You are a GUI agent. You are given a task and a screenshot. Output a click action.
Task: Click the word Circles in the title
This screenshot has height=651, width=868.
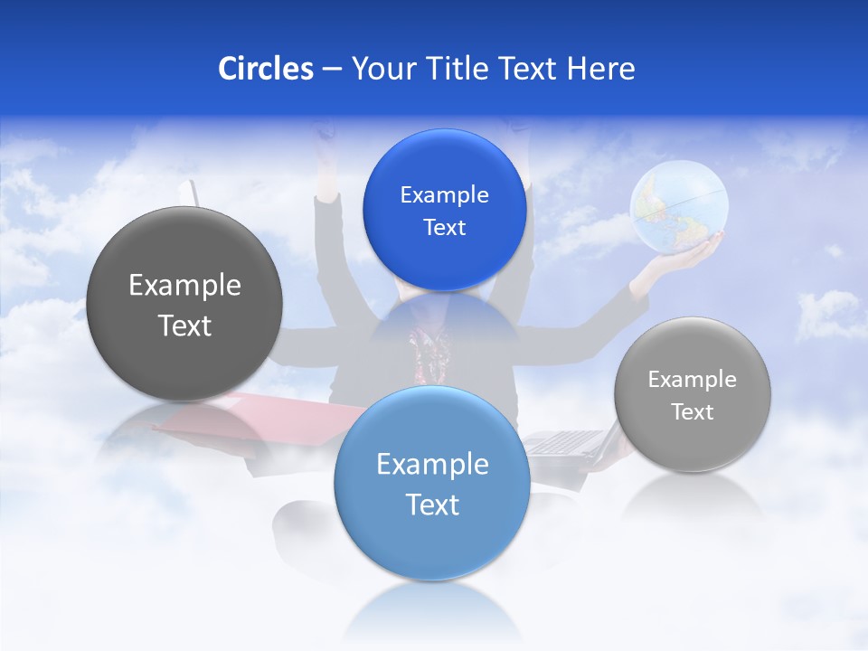point(265,69)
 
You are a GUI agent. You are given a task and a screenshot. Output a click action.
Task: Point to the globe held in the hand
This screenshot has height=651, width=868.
point(678,204)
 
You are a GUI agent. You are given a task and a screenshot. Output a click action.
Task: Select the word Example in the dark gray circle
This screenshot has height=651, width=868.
point(184,286)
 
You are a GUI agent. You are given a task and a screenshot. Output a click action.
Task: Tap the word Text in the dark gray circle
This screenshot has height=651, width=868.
point(184,326)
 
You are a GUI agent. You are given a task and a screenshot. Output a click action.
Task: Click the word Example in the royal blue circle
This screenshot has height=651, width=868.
point(444,194)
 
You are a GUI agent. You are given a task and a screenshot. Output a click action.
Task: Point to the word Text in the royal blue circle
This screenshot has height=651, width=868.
point(444,227)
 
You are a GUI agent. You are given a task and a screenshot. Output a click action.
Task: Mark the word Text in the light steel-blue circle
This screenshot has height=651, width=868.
point(432,505)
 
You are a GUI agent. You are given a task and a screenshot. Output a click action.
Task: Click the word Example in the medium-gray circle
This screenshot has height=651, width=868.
point(693,379)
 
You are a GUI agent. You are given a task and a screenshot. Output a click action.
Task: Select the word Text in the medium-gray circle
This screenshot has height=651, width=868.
point(693,411)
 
